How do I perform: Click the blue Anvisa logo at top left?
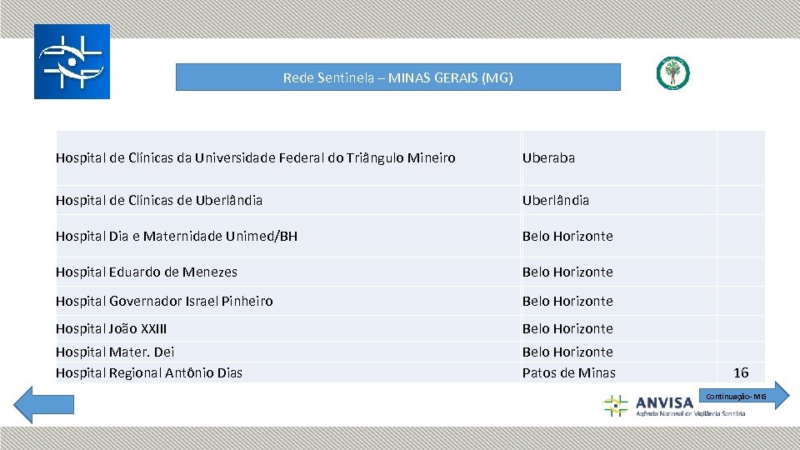[72, 62]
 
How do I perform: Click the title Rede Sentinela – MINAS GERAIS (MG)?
[397, 77]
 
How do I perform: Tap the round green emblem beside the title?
[672, 73]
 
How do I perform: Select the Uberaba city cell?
[548, 157]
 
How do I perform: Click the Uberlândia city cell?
[555, 200]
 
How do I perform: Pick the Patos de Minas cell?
[568, 372]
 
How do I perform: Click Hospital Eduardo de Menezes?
[147, 272]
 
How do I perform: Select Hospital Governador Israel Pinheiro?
[164, 301]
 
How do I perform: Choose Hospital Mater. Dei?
[115, 352]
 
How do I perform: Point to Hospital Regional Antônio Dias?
[149, 372]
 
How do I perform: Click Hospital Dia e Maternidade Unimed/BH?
[177, 236]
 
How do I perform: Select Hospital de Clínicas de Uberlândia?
[159, 200]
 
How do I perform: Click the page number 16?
[741, 372]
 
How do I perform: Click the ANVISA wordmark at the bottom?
[664, 403]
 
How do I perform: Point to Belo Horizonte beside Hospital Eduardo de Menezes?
[567, 272]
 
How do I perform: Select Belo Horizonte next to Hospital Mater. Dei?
[567, 352]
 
